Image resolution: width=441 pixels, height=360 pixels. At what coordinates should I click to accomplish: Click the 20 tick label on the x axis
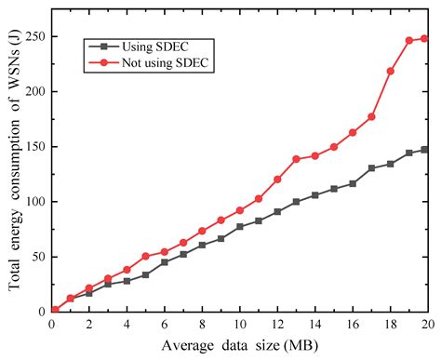[428, 323]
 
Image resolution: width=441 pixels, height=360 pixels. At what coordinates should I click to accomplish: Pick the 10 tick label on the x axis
[239, 323]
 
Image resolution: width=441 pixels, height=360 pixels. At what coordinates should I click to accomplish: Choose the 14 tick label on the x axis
[314, 323]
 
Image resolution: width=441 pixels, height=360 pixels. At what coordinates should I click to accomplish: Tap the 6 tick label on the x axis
[165, 323]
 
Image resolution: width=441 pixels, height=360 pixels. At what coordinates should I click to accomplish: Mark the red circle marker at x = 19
[408, 41]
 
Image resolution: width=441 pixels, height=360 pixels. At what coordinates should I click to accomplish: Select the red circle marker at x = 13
[296, 159]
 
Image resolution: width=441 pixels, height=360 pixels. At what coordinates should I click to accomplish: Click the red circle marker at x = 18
[390, 71]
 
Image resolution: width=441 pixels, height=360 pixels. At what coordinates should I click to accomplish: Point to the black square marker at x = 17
[371, 168]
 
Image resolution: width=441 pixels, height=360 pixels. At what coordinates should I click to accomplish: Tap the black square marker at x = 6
[165, 261]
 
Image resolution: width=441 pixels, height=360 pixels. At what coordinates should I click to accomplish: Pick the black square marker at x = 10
[239, 226]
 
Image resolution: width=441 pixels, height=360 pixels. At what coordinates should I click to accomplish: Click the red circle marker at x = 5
[145, 256]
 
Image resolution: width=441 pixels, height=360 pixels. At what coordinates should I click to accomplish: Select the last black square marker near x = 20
[424, 150]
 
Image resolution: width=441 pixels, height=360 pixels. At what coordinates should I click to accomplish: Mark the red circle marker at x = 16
[353, 132]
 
